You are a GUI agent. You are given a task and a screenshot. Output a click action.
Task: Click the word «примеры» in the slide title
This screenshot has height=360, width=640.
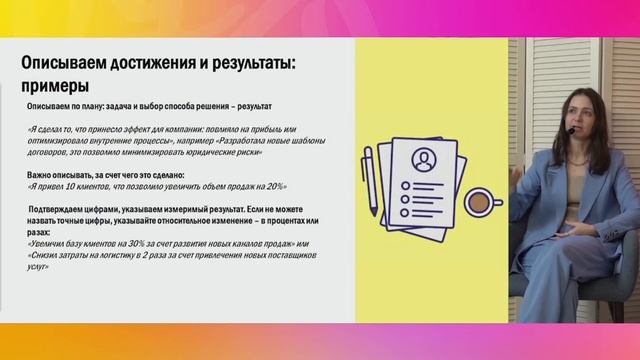click(56, 86)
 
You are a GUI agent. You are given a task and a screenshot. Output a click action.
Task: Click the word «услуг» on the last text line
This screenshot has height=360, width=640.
click(38, 267)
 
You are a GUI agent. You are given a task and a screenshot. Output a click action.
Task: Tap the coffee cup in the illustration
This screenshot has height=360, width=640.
click(480, 201)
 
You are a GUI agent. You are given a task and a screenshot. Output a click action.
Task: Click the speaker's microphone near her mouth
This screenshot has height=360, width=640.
click(571, 129)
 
